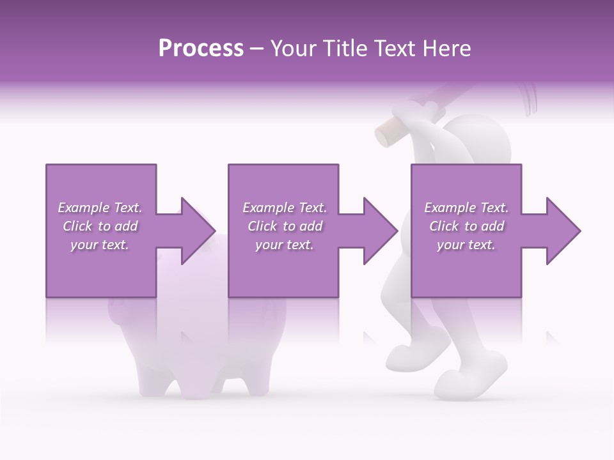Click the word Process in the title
click(x=201, y=49)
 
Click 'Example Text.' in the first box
click(x=100, y=208)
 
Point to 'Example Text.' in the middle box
click(x=284, y=208)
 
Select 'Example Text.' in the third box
click(x=466, y=208)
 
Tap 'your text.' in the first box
click(x=100, y=245)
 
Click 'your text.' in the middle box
click(x=284, y=245)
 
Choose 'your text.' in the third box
click(x=466, y=245)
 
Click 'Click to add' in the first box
click(x=100, y=226)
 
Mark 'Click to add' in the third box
click(x=466, y=226)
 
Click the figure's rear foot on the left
click(x=403, y=358)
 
